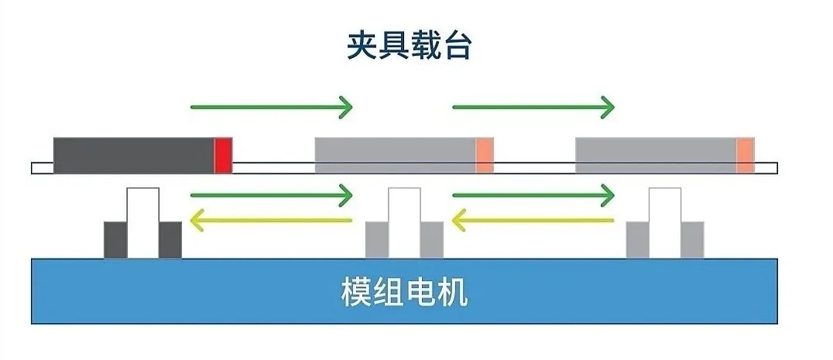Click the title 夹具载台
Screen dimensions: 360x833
click(x=409, y=46)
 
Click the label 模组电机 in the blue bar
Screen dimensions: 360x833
click(x=404, y=293)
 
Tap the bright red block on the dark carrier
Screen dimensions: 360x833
click(x=223, y=155)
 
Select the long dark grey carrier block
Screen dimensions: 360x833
click(x=133, y=155)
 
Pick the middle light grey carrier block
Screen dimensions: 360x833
click(x=395, y=155)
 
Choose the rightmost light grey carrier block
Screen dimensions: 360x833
click(x=656, y=155)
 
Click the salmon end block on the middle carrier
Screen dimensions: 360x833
click(x=485, y=155)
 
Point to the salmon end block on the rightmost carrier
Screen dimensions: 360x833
click(x=746, y=155)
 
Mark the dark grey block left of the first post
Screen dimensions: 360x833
click(x=115, y=239)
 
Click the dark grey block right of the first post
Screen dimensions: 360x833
click(x=170, y=239)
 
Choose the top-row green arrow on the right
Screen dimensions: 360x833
click(x=533, y=106)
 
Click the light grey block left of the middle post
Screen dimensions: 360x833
click(x=376, y=239)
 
